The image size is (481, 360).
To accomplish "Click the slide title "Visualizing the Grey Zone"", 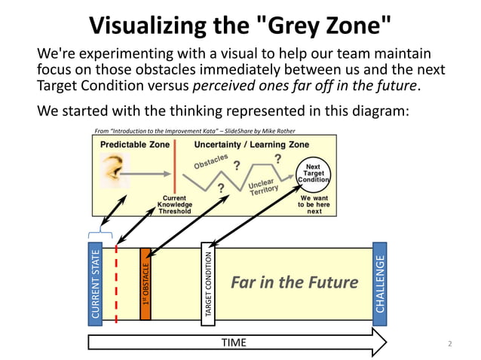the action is coord(240,24).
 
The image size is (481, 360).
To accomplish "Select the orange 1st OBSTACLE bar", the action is coord(146,284).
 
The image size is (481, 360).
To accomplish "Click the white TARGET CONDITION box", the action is coord(208,284).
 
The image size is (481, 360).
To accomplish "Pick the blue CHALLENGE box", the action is coord(380,280).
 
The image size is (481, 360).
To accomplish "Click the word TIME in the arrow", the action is coord(233,343).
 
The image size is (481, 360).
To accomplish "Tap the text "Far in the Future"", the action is coord(294,282).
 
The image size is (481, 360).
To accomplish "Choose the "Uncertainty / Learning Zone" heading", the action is coord(251,144).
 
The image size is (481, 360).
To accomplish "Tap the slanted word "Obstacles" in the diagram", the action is coord(213,161).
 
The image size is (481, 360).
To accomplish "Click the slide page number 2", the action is coord(450,344).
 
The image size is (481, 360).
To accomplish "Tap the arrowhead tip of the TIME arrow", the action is coord(385,343).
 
